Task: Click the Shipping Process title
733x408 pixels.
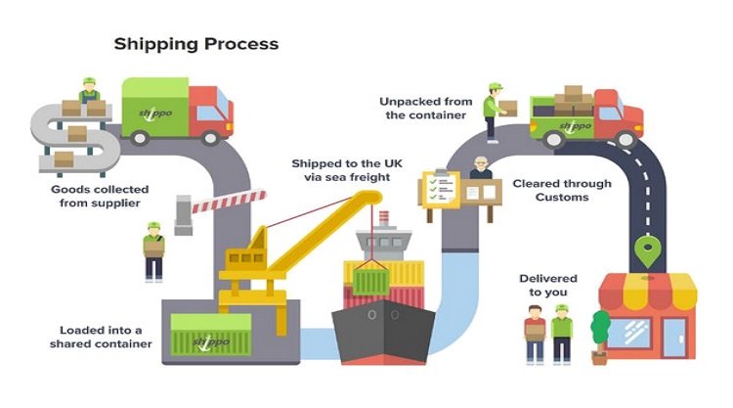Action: click(196, 44)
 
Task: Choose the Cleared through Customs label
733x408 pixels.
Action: click(562, 190)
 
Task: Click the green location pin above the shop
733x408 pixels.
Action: click(642, 250)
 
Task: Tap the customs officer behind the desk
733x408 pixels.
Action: click(479, 168)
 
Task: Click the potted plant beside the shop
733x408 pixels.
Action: click(600, 334)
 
